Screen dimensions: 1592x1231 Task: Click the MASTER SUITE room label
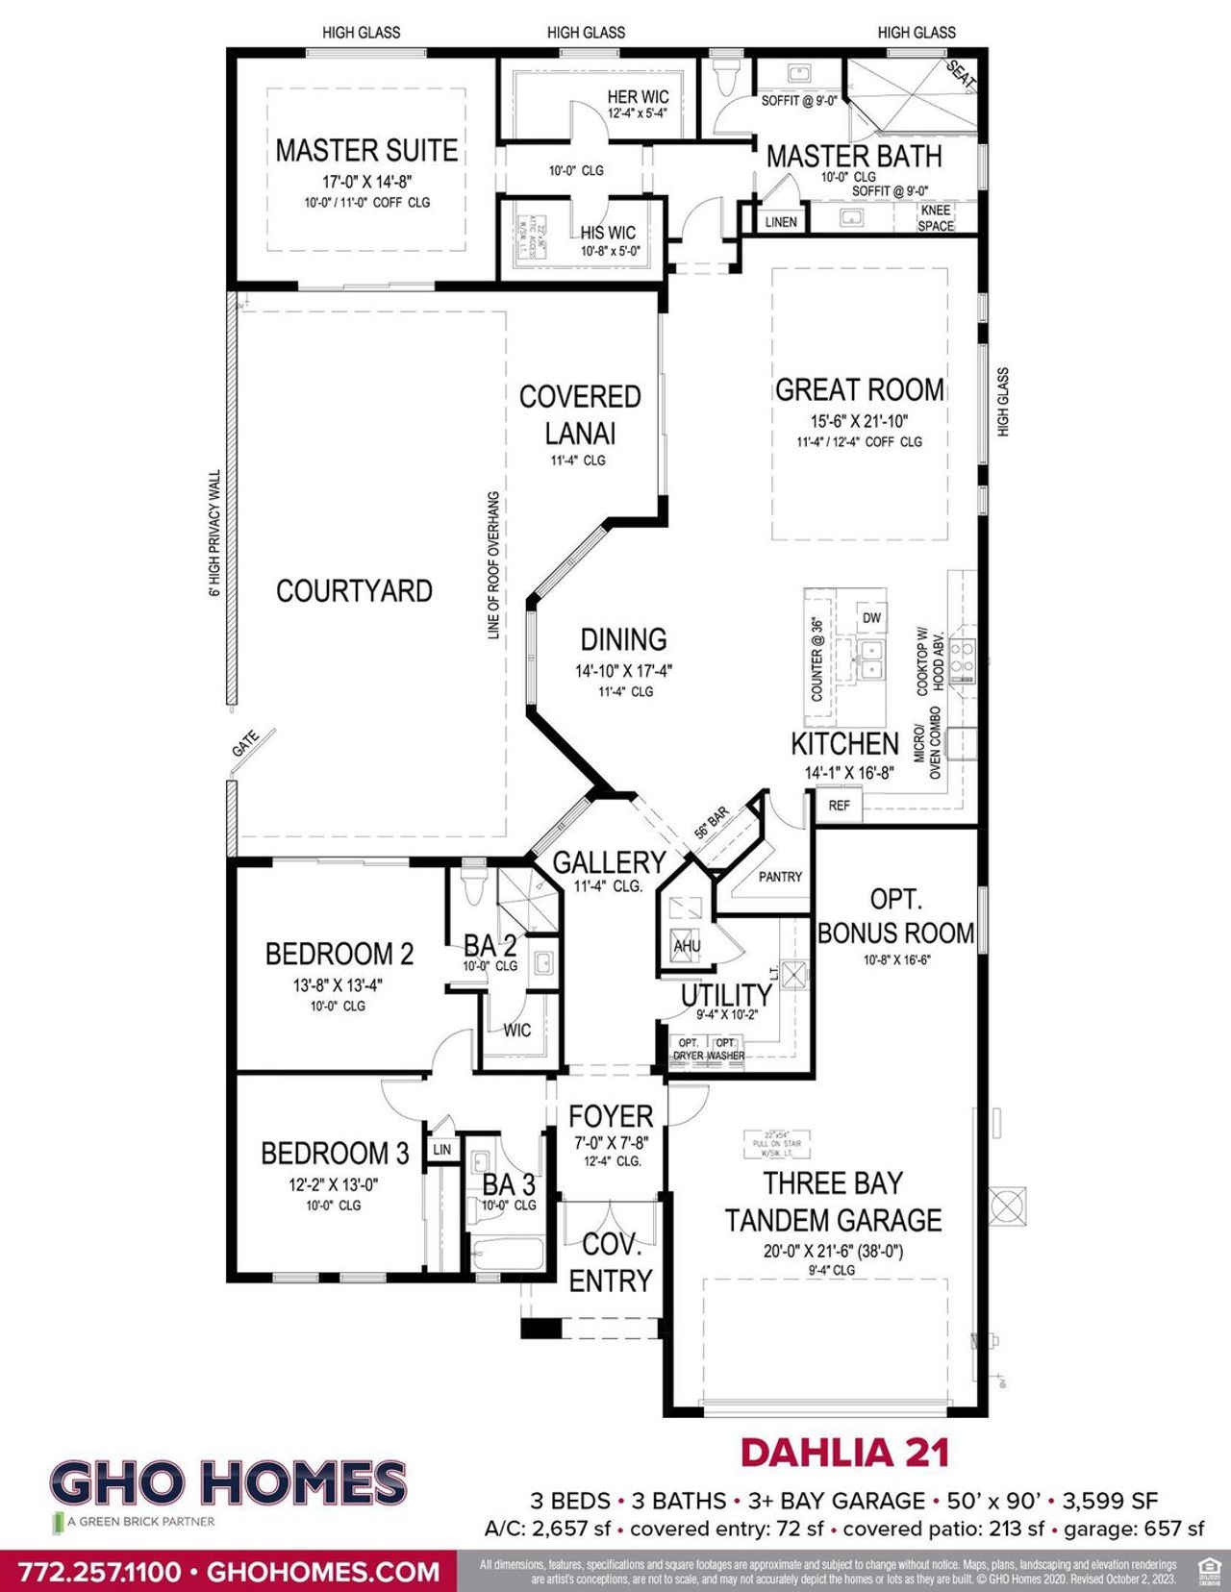tap(366, 151)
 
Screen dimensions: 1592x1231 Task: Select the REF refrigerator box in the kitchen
tap(839, 805)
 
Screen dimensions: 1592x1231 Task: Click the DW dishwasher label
tap(871, 618)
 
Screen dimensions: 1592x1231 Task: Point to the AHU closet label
tap(687, 946)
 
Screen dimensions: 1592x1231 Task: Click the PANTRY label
tap(780, 877)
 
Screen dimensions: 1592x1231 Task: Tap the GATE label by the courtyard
tap(246, 743)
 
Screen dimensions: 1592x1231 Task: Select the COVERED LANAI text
tap(580, 414)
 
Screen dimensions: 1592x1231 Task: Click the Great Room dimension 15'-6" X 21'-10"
tap(859, 421)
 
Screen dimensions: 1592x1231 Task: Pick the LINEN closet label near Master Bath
tap(781, 222)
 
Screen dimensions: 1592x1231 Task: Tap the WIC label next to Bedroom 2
tap(517, 1031)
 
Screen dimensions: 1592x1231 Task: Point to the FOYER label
tap(611, 1116)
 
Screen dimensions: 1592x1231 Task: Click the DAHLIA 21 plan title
tap(844, 1453)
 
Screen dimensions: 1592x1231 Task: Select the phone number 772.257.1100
tap(100, 1573)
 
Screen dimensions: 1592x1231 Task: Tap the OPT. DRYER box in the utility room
tap(689, 1049)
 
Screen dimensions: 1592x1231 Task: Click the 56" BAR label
tap(713, 822)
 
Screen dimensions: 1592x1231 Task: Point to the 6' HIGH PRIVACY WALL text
tap(215, 533)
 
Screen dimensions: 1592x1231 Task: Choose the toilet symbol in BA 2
tap(472, 886)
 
